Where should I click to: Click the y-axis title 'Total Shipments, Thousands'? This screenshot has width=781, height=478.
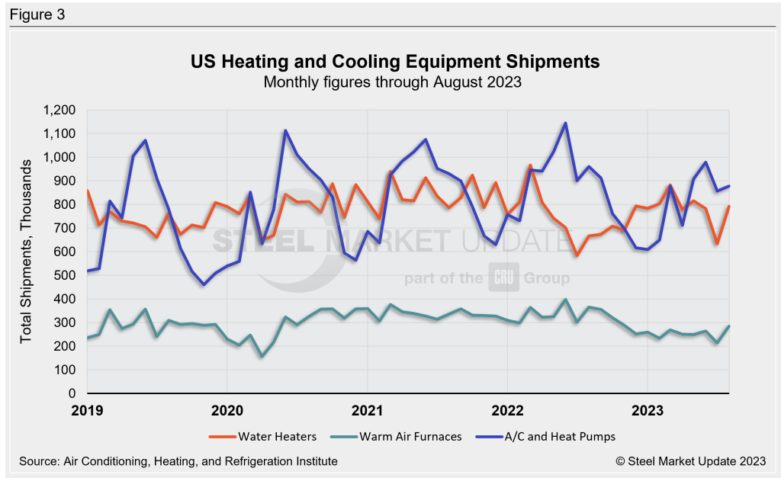[27, 252]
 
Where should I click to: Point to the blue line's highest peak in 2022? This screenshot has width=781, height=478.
[565, 123]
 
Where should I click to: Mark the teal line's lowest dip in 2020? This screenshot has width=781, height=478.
[262, 357]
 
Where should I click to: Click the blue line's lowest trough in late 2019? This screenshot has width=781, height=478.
[204, 284]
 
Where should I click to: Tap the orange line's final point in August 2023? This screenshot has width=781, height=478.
[730, 207]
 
